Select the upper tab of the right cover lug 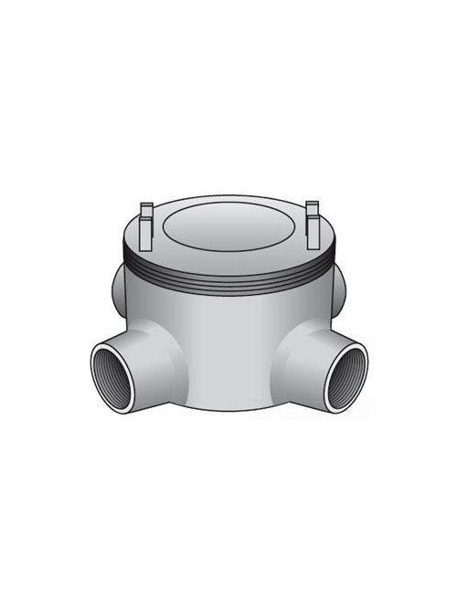313,206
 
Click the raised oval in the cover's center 228,222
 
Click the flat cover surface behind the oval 228,202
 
